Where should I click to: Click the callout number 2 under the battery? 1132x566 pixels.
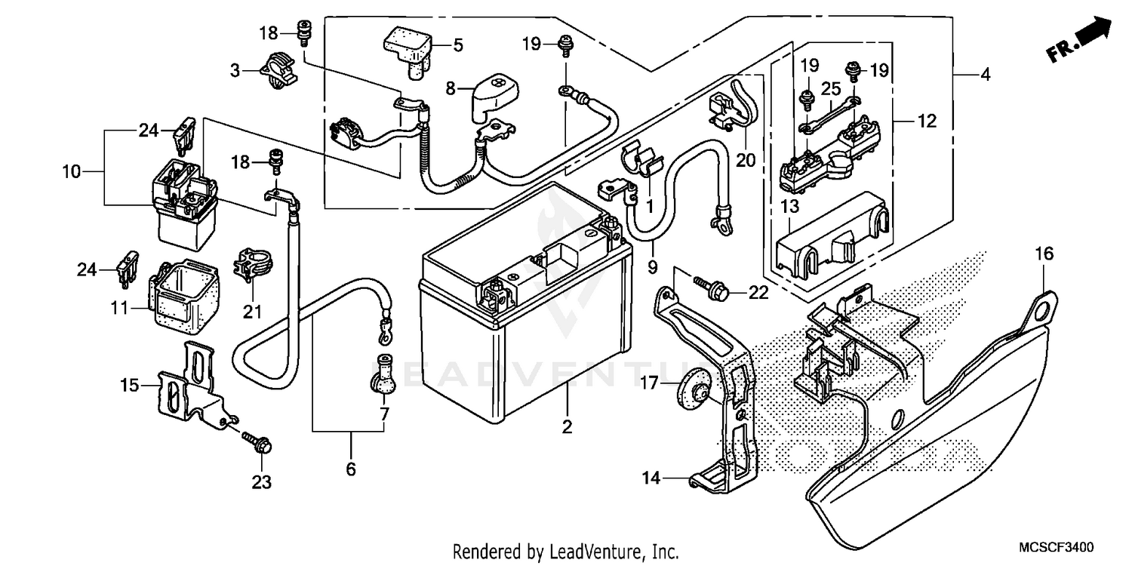click(x=567, y=427)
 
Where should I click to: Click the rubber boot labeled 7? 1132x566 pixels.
click(x=382, y=374)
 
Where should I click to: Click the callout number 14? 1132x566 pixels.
click(x=651, y=477)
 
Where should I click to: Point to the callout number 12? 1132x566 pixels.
click(x=927, y=121)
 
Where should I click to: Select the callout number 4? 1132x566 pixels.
click(x=985, y=75)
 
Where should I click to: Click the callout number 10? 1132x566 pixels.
click(x=71, y=172)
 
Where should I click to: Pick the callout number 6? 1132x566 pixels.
click(x=350, y=469)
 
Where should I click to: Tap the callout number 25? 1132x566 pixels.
click(x=831, y=89)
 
